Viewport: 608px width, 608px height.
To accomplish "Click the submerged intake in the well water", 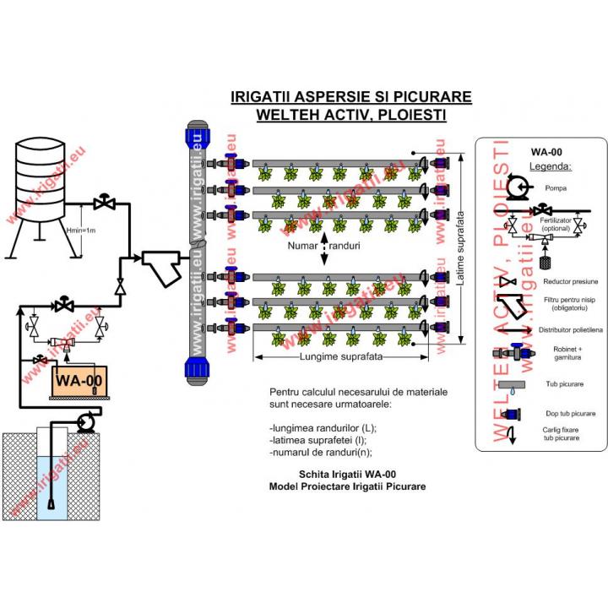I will tap(52, 505).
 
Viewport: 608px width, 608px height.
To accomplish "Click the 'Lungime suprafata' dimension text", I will tap(340, 357).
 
